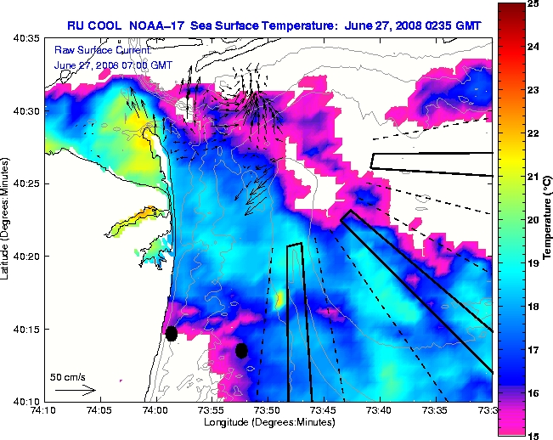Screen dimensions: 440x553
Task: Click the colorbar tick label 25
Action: (x=533, y=4)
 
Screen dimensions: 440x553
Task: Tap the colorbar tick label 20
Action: (x=533, y=220)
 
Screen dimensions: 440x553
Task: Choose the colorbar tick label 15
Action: (x=533, y=434)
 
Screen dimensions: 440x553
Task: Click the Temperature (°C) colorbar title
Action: (x=548, y=220)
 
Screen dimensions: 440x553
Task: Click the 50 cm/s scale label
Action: (x=69, y=376)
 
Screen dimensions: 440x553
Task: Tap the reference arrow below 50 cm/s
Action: (x=75, y=390)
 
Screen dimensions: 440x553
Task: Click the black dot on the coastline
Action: (x=172, y=333)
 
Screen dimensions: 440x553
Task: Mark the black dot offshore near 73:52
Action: (x=241, y=350)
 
